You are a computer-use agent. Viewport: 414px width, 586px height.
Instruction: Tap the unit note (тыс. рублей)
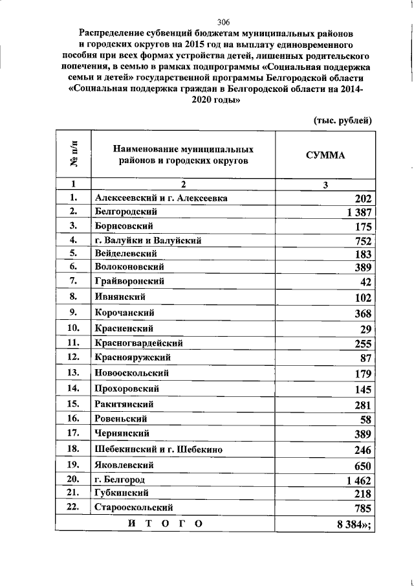(x=343, y=120)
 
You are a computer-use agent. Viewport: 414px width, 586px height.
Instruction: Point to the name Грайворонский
(x=129, y=282)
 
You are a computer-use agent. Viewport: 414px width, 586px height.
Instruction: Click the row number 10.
(x=73, y=328)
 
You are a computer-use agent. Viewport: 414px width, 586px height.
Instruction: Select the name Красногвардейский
(x=138, y=343)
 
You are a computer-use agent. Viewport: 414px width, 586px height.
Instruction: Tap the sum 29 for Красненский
(x=365, y=330)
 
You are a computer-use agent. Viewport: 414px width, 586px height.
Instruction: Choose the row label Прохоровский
(x=127, y=389)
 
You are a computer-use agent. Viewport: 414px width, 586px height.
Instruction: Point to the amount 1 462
(x=356, y=481)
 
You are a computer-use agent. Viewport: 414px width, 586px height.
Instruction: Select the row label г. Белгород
(x=119, y=480)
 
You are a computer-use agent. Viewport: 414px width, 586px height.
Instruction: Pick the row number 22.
(x=73, y=507)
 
